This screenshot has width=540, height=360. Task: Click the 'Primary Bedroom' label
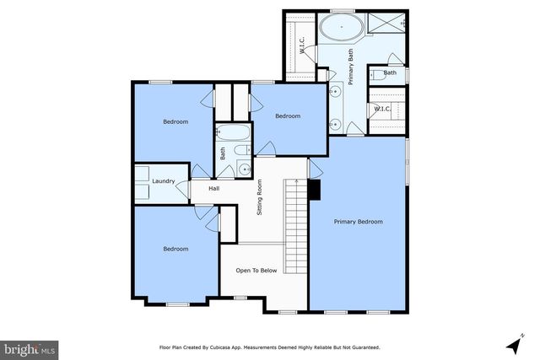(x=358, y=222)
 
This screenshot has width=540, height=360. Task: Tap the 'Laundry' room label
(x=163, y=181)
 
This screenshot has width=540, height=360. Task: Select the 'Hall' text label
(x=214, y=189)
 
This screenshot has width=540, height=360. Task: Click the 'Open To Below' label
(x=256, y=271)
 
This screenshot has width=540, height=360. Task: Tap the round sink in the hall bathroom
(x=245, y=169)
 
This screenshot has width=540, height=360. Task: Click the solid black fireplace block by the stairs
(x=314, y=191)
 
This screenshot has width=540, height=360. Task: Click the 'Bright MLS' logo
(x=30, y=347)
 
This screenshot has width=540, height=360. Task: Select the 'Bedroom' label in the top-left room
(x=175, y=122)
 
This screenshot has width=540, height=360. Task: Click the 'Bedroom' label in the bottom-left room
(x=175, y=249)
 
